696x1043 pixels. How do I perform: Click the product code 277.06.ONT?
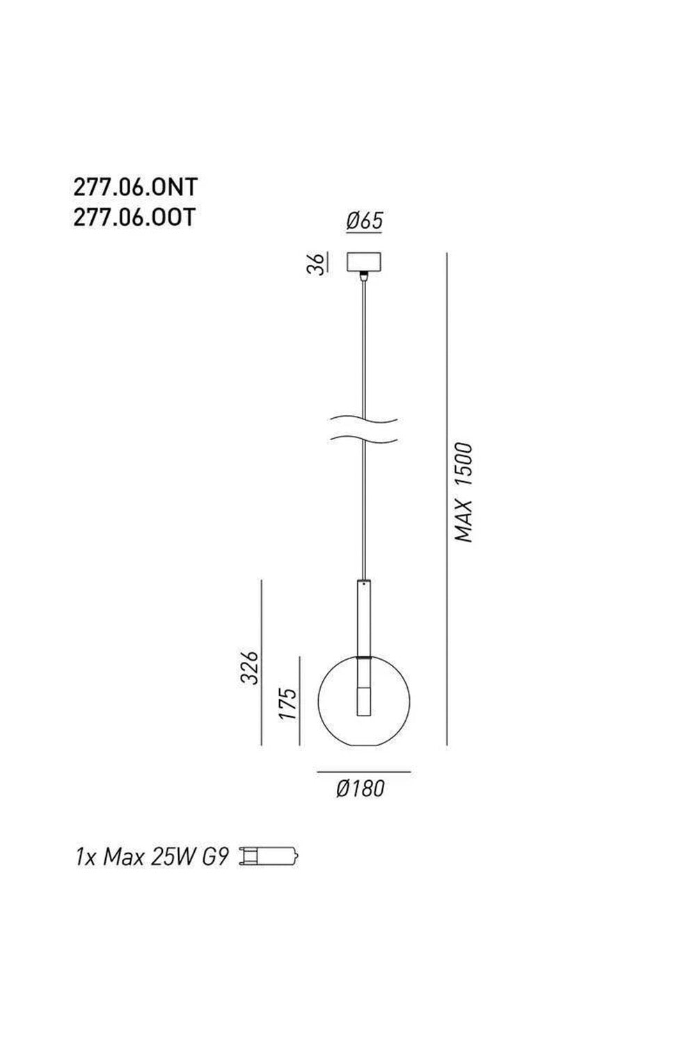[136, 187]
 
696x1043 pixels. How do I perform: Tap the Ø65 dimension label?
[364, 220]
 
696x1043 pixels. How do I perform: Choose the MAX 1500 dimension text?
[464, 493]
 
